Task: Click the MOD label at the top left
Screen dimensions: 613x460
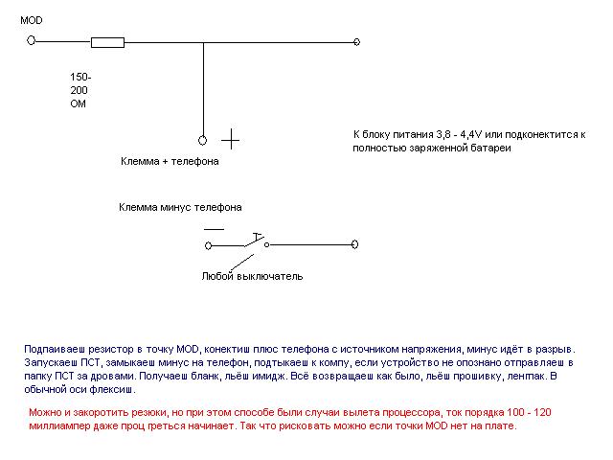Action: point(32,20)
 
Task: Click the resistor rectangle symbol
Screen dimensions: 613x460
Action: point(107,42)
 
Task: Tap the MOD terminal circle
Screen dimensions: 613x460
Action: point(32,40)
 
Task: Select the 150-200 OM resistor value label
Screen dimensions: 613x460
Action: point(80,90)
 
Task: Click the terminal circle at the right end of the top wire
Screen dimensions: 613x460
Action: point(356,42)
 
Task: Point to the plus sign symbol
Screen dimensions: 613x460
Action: point(231,139)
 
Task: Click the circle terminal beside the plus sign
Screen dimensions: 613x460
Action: point(202,140)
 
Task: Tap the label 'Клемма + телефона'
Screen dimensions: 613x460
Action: point(170,161)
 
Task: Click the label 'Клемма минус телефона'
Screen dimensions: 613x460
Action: point(180,207)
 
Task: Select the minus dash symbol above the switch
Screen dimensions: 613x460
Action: point(214,229)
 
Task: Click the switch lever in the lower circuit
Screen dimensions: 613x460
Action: point(255,241)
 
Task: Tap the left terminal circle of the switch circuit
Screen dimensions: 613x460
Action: point(209,245)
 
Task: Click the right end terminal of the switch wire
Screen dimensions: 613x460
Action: point(354,244)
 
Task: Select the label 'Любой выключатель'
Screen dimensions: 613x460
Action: point(253,276)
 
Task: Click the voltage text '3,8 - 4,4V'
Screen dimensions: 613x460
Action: point(459,134)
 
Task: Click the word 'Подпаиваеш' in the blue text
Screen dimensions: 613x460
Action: point(55,349)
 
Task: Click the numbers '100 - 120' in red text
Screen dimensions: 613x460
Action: point(529,412)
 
